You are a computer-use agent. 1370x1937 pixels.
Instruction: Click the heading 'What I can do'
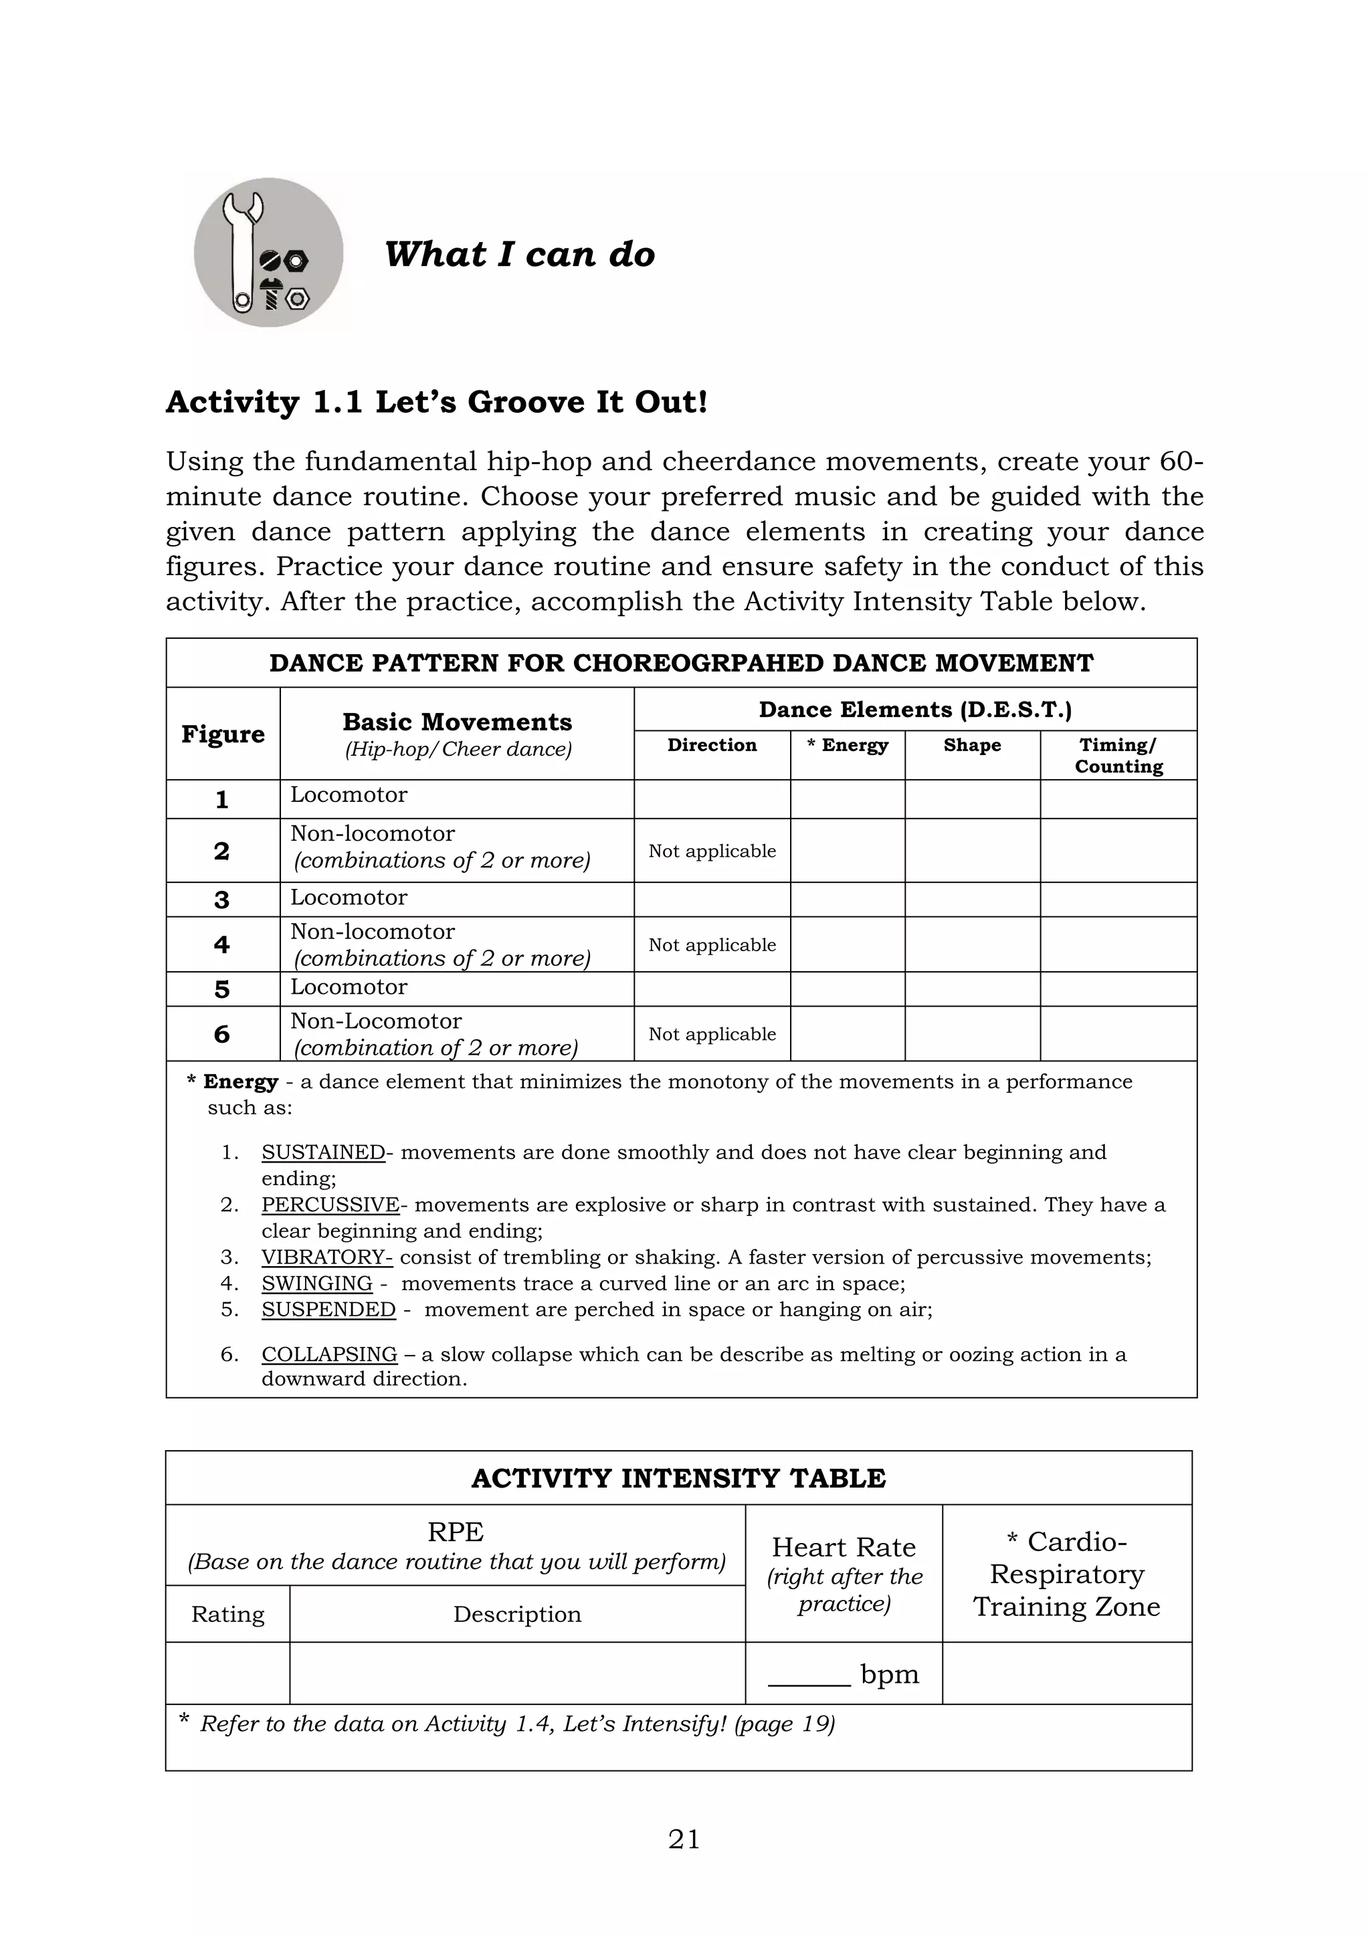pos(519,254)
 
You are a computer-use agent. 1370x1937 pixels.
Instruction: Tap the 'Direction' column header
pos(711,745)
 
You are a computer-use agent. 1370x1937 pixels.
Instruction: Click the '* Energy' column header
pos(847,745)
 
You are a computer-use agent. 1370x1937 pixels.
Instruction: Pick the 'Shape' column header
pos(972,745)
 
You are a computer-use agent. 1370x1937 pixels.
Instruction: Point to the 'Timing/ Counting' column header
pos(1118,755)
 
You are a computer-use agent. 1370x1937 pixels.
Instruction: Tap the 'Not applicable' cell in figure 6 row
pos(711,1033)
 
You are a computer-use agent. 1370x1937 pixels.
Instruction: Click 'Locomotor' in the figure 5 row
pos(349,987)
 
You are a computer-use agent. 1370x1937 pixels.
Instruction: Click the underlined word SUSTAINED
pos(323,1152)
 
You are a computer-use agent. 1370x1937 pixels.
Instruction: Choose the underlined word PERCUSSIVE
pos(330,1205)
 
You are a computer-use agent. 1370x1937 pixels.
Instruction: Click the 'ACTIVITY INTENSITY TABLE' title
pos(678,1478)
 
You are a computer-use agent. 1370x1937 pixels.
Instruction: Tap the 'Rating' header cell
pos(227,1614)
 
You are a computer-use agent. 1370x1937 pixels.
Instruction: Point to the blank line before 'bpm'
pos(808,1675)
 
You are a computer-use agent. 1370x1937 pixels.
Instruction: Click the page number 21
pos(684,1839)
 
